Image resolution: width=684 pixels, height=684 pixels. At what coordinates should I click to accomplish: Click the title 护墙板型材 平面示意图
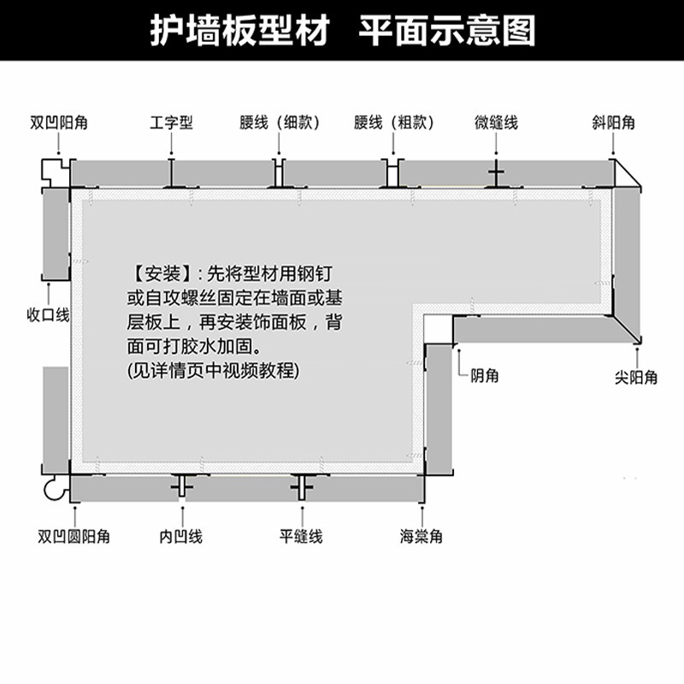tap(342, 30)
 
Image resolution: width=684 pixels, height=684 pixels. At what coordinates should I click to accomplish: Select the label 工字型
tap(171, 123)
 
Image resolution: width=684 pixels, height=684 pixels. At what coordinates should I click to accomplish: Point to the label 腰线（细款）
tap(280, 123)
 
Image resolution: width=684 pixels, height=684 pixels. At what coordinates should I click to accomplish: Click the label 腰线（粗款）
tap(394, 123)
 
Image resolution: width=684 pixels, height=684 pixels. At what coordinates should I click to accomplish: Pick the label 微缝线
tap(496, 123)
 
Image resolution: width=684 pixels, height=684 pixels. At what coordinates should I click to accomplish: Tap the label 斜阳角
tap(613, 123)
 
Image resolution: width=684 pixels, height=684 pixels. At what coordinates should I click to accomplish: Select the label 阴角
tap(485, 376)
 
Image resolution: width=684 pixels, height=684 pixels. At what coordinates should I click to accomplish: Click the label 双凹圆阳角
tap(74, 537)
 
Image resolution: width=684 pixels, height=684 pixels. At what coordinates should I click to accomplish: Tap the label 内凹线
tap(180, 537)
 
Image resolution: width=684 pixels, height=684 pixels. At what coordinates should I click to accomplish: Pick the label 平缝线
tap(301, 537)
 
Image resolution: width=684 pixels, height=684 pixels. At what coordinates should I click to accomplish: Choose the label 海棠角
tap(421, 537)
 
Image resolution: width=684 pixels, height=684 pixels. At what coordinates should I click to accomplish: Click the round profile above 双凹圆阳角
tap(55, 489)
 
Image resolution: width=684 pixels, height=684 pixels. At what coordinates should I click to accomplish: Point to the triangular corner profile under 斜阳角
tap(628, 175)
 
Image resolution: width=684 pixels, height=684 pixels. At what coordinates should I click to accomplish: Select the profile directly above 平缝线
tap(301, 486)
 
